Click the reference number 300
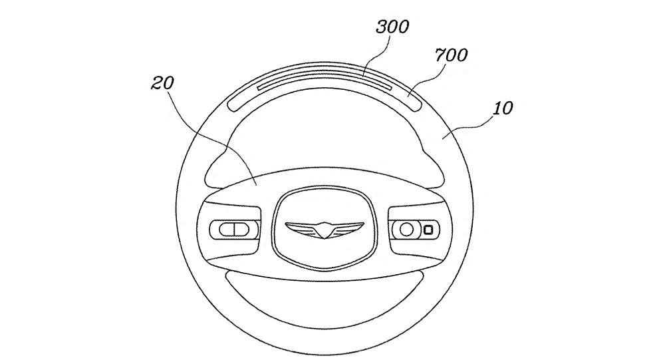pyautogui.click(x=392, y=27)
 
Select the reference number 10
pyautogui.click(x=503, y=108)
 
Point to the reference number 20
pyautogui.click(x=163, y=83)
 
